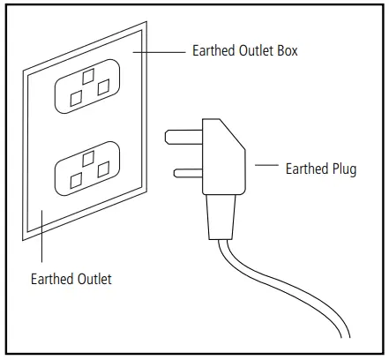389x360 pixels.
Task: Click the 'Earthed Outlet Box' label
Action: pyautogui.click(x=244, y=51)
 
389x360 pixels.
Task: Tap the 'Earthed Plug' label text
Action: pyautogui.click(x=320, y=169)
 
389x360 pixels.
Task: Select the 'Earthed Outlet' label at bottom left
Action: pyautogui.click(x=71, y=280)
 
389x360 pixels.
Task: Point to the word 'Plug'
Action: pyautogui.click(x=343, y=169)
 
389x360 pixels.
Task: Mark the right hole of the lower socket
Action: pyautogui.click(x=105, y=168)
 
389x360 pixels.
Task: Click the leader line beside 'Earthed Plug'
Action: pyautogui.click(x=267, y=165)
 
